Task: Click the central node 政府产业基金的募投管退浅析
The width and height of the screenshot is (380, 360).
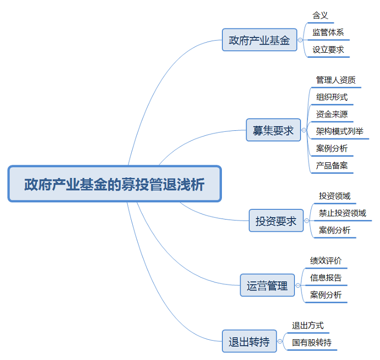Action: (115, 184)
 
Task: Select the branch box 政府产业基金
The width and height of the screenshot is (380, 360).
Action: (259, 40)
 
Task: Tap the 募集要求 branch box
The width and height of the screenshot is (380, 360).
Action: (273, 130)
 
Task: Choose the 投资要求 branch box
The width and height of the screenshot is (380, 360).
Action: (276, 221)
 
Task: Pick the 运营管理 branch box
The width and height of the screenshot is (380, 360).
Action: (267, 286)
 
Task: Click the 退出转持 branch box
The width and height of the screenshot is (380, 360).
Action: (249, 341)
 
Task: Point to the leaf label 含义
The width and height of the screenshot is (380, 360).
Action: (320, 15)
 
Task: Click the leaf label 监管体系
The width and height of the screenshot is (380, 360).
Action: (328, 32)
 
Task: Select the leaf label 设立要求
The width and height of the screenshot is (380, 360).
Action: (328, 50)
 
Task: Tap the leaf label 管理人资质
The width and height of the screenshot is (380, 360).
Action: (335, 80)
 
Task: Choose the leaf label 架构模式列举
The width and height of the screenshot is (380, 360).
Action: (339, 131)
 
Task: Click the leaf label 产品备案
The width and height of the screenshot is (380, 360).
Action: (331, 165)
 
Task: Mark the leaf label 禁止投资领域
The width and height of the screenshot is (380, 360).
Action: (342, 213)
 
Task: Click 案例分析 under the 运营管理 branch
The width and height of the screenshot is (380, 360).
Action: (326, 295)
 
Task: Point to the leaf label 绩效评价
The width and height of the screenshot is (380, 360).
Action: (326, 261)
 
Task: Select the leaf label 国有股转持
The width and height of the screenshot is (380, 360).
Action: (312, 343)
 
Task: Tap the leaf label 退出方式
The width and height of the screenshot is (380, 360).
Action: (308, 326)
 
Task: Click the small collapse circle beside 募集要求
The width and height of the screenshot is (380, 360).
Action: (304, 130)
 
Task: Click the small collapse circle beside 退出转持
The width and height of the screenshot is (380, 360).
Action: (280, 342)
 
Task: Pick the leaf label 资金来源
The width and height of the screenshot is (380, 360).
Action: (331, 114)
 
